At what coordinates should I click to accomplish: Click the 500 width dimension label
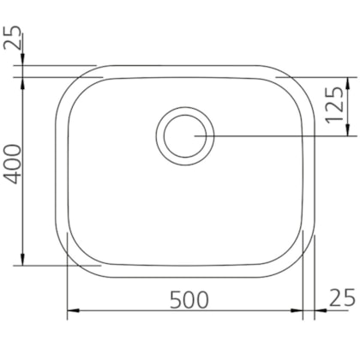189,300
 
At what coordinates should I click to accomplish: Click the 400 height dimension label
14,164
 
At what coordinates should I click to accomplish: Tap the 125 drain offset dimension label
335,105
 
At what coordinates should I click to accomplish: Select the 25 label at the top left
13,39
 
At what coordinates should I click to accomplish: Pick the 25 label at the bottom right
343,297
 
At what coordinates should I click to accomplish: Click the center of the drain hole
185,136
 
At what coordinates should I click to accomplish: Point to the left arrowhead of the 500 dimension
73,310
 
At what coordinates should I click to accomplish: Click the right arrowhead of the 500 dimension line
297,310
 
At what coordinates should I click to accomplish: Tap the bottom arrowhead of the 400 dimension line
22,260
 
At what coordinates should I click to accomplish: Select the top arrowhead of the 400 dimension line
22,83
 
